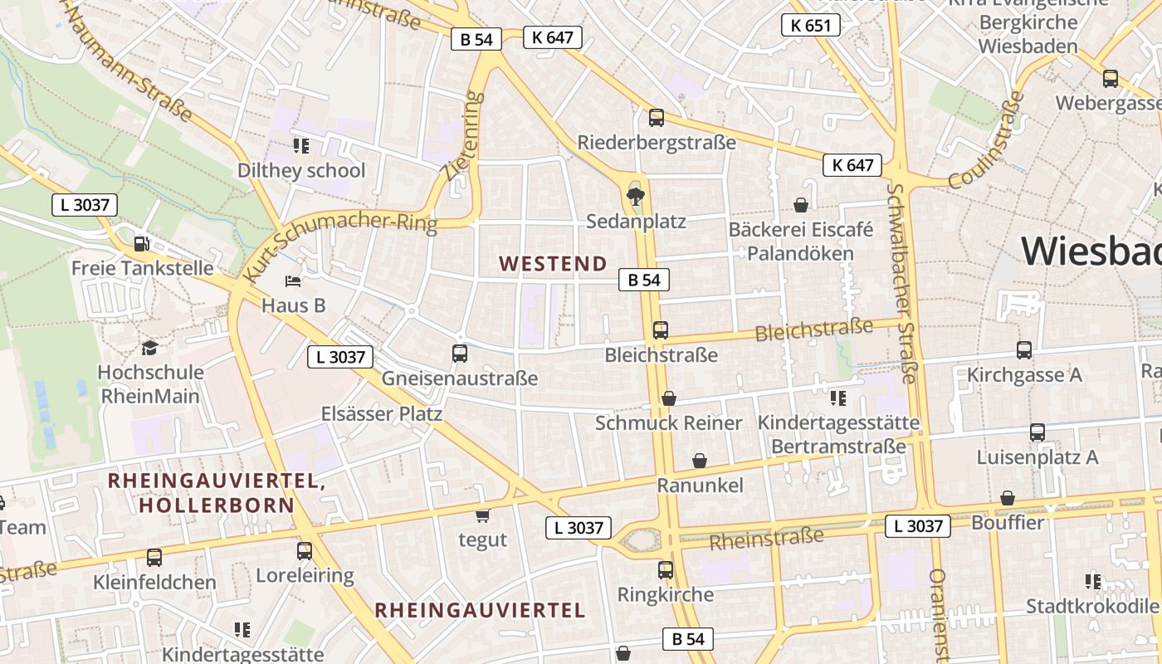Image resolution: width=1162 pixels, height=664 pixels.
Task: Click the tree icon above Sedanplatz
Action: (636, 197)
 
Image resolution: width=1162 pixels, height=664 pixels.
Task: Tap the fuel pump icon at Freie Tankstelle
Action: (142, 244)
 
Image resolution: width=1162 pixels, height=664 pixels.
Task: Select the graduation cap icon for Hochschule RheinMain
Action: (149, 348)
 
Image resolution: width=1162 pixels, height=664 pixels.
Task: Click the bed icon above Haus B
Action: (293, 281)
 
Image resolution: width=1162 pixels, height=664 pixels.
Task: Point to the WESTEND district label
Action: (553, 264)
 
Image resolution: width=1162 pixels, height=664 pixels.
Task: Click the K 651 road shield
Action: (810, 25)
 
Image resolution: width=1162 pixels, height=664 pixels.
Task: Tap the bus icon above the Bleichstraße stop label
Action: (660, 330)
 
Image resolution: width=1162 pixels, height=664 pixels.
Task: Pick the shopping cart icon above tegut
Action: (482, 516)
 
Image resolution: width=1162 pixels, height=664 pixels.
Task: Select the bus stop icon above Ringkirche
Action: (666, 570)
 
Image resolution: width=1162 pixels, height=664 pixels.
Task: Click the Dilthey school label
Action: (301, 171)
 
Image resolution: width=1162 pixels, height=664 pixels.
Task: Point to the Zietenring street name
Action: (462, 136)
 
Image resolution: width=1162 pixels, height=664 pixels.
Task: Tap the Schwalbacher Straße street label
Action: (901, 282)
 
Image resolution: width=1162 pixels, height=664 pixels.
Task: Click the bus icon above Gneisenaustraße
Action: (460, 354)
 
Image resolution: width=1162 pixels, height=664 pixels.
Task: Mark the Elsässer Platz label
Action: (382, 413)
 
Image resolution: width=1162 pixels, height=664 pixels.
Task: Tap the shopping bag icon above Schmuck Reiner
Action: (669, 398)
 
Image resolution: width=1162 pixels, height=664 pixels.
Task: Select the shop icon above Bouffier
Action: (1007, 498)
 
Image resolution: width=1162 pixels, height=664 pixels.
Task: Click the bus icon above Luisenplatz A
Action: (1037, 432)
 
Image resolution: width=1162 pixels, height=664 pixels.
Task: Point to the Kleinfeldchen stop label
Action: (155, 582)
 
